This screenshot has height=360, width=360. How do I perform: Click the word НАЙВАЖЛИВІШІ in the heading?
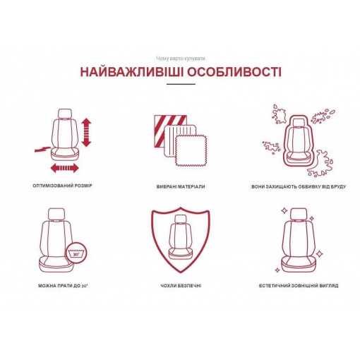pyautogui.click(x=131, y=72)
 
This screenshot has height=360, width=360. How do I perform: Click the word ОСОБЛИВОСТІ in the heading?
pyautogui.click(x=234, y=72)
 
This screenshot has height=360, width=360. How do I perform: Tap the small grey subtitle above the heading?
pyautogui.click(x=181, y=59)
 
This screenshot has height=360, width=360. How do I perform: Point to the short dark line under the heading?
pyautogui.click(x=181, y=84)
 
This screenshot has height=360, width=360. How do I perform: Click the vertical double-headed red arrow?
pyautogui.click(x=86, y=133)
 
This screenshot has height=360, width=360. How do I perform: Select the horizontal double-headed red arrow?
pyautogui.click(x=65, y=168)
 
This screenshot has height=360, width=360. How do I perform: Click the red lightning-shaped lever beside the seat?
pyautogui.click(x=42, y=149)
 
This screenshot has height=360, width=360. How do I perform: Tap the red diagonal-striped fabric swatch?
pyautogui.click(x=170, y=131)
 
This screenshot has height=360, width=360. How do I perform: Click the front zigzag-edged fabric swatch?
pyautogui.click(x=192, y=151)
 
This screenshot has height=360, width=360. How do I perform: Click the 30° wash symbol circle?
pyautogui.click(x=76, y=253)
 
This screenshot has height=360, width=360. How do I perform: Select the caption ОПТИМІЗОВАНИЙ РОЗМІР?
pyautogui.click(x=62, y=186)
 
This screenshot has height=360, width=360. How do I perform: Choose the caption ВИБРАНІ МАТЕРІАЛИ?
pyautogui.click(x=181, y=186)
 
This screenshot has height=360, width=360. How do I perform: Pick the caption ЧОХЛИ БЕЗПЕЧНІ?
pyautogui.click(x=181, y=286)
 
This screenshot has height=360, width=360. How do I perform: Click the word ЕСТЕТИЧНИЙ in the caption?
pyautogui.click(x=274, y=286)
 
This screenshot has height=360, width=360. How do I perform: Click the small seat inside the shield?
pyautogui.click(x=181, y=238)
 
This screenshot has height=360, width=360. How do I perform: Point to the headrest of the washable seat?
pyautogui.click(x=56, y=214)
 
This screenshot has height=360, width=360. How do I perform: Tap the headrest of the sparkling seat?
pyautogui.click(x=299, y=214)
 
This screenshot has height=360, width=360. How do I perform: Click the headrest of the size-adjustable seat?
pyautogui.click(x=65, y=114)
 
